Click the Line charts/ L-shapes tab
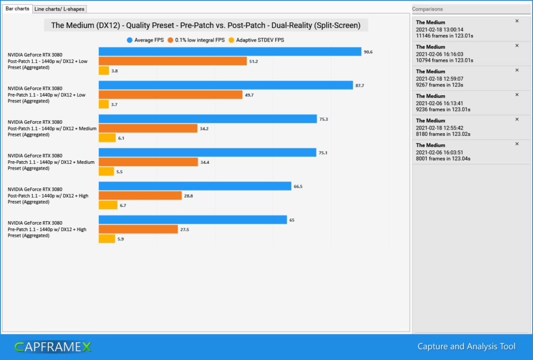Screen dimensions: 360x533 59,9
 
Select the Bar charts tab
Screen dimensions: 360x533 17,9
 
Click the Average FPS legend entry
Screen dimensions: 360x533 145,40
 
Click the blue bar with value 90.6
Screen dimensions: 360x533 230,52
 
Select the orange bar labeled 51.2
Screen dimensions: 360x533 172,61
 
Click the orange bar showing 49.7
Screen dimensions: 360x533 170,95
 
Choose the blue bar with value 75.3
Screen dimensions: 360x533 208,119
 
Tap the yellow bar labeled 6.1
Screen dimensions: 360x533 107,138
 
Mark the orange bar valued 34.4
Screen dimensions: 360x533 148,162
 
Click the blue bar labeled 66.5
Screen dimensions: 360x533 195,186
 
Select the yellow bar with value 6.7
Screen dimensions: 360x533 108,205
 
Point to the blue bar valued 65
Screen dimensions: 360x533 193,220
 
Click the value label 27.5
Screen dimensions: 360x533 184,229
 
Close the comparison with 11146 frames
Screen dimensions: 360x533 517,21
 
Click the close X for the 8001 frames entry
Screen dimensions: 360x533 517,144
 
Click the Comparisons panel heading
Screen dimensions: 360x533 428,9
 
